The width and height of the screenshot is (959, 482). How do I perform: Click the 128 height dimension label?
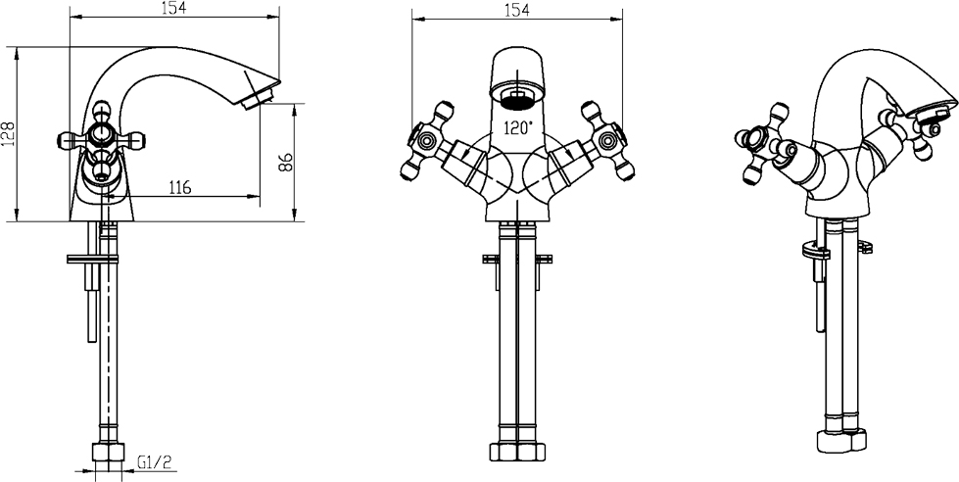pyautogui.click(x=8, y=133)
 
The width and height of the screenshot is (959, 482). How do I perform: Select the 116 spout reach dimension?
pyautogui.click(x=178, y=186)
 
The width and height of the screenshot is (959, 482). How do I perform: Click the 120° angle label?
pyautogui.click(x=518, y=127)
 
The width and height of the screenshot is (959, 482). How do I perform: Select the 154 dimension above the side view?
pyautogui.click(x=173, y=7)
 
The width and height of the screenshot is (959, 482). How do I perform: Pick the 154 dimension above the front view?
pyautogui.click(x=517, y=10)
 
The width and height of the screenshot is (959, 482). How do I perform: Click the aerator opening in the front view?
pyautogui.click(x=517, y=99)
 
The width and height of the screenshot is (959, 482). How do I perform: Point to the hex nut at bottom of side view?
pyautogui.click(x=108, y=453)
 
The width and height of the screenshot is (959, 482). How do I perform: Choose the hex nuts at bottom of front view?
pyautogui.click(x=517, y=452)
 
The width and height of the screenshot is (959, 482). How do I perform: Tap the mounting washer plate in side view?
pyautogui.click(x=93, y=259)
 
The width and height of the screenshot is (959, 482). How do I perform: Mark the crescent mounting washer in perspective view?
pyautogui.click(x=815, y=250)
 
